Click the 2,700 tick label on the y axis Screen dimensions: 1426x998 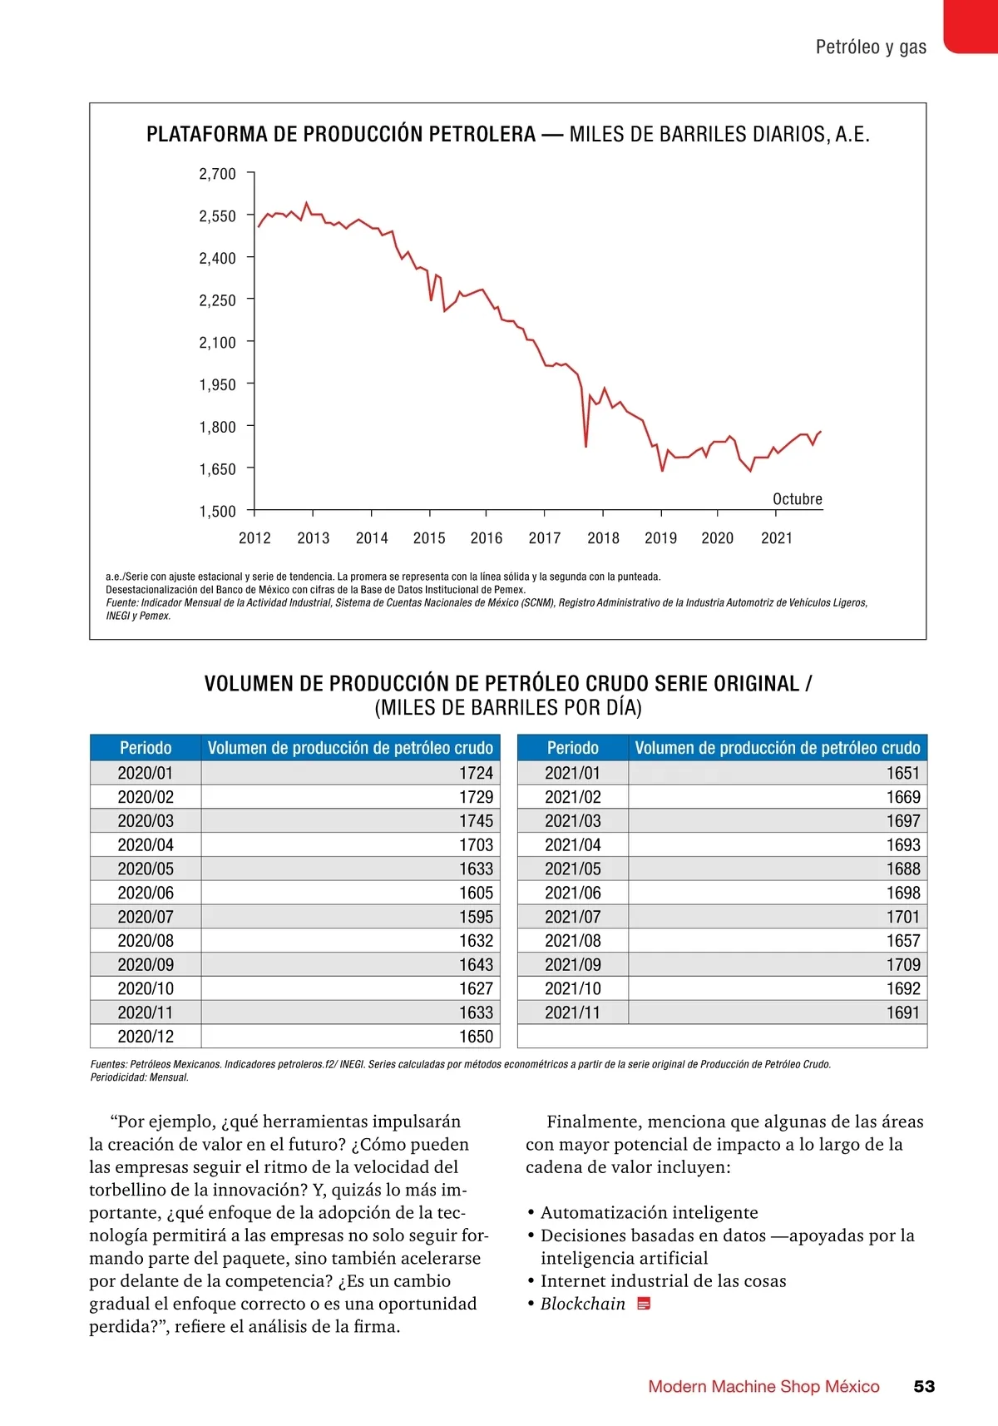click(x=217, y=174)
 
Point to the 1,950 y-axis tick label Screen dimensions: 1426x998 click(x=217, y=384)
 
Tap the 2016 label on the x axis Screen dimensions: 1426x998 click(x=487, y=538)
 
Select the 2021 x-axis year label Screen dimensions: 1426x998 click(x=777, y=538)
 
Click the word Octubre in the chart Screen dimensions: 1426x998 click(x=798, y=499)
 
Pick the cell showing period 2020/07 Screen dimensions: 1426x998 click(x=146, y=917)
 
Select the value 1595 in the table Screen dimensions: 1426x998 click(x=476, y=917)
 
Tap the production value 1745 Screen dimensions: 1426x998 click(x=476, y=821)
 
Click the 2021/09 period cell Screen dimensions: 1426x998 click(x=573, y=965)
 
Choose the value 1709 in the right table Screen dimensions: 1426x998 click(x=903, y=965)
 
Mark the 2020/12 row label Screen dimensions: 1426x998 click(x=146, y=1037)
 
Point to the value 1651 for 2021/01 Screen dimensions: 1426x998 click(x=903, y=773)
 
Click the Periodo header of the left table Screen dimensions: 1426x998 click(x=146, y=748)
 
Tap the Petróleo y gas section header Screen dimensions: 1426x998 click(x=871, y=47)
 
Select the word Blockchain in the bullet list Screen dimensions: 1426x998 click(x=583, y=1304)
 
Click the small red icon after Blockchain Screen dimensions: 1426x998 click(x=644, y=1304)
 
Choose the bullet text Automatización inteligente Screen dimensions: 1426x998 click(x=649, y=1213)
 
